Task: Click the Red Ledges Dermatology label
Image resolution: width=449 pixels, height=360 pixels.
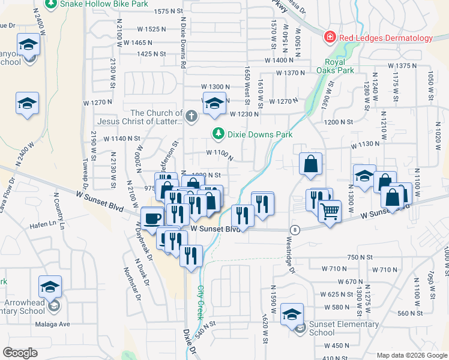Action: tap(385, 38)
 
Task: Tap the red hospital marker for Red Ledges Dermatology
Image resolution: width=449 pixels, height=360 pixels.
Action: tap(329, 38)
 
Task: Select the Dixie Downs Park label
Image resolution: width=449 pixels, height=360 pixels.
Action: tap(259, 134)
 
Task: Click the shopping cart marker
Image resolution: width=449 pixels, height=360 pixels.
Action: tap(330, 211)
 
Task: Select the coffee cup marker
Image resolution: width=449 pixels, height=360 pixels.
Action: tap(152, 217)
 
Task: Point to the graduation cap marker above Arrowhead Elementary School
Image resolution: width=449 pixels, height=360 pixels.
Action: tap(50, 286)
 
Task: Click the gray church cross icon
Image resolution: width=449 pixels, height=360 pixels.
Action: tap(191, 116)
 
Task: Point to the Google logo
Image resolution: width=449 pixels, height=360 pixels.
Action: tap(20, 353)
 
